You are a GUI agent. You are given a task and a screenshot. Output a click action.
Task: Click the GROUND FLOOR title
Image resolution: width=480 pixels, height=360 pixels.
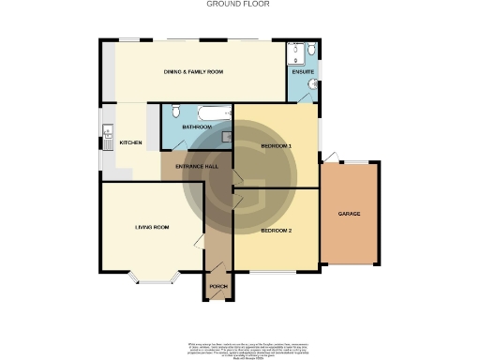pos(239,4)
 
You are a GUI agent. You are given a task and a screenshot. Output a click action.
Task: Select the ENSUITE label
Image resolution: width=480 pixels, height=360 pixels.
pos(303,72)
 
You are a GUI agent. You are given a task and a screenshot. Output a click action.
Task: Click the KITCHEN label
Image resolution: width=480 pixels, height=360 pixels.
pos(130,142)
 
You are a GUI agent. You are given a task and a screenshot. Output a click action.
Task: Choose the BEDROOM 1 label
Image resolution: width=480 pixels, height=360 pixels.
pos(277,147)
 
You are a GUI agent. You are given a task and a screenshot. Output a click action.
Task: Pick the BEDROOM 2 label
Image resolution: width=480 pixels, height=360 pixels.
pos(277,230)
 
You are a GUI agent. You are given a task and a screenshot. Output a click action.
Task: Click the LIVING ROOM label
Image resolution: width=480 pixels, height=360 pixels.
pos(151,227)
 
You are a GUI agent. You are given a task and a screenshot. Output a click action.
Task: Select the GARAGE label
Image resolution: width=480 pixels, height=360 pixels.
pos(349,214)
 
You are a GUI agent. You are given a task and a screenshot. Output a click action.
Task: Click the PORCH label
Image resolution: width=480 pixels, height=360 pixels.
pos(217,286)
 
